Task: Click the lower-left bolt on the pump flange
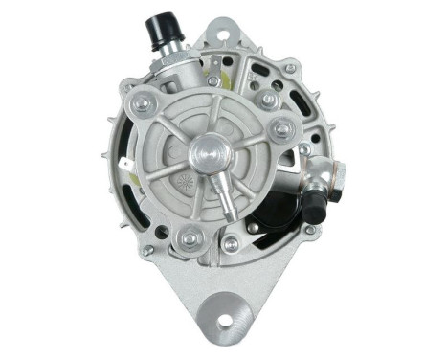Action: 190,236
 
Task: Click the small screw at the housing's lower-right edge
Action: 310,230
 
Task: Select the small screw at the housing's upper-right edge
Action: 289,69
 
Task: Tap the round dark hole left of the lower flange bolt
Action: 163,231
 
